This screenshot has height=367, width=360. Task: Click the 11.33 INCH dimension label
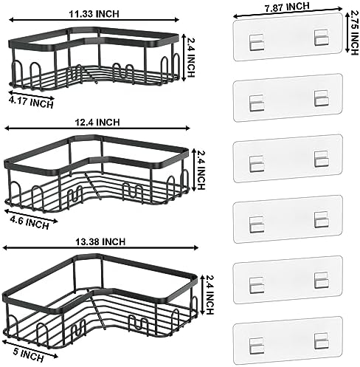tap(94, 14)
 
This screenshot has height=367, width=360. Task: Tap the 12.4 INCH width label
tap(97, 123)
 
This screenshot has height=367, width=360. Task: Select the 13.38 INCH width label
tap(100, 241)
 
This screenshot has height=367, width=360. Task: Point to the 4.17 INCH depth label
tap(31, 103)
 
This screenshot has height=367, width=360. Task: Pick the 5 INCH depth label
tap(29, 355)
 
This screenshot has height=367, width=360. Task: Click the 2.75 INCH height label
tap(354, 32)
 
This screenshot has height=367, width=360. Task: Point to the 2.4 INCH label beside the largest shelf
tap(210, 295)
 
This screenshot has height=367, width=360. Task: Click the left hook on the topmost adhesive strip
tap(257, 43)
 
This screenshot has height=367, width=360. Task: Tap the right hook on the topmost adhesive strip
tap(321, 38)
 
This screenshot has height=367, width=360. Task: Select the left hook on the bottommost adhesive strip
tap(257, 346)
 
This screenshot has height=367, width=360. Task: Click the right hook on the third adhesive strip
tap(322, 159)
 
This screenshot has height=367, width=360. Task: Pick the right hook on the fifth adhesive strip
tap(322, 281)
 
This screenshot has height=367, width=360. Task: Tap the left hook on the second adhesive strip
tap(257, 103)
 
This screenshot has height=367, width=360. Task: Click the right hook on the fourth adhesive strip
tap(322, 219)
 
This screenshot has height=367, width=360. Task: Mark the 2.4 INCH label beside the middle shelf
tap(201, 170)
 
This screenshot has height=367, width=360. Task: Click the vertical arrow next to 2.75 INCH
tap(347, 32)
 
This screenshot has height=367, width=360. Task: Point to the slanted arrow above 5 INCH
tap(30, 349)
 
